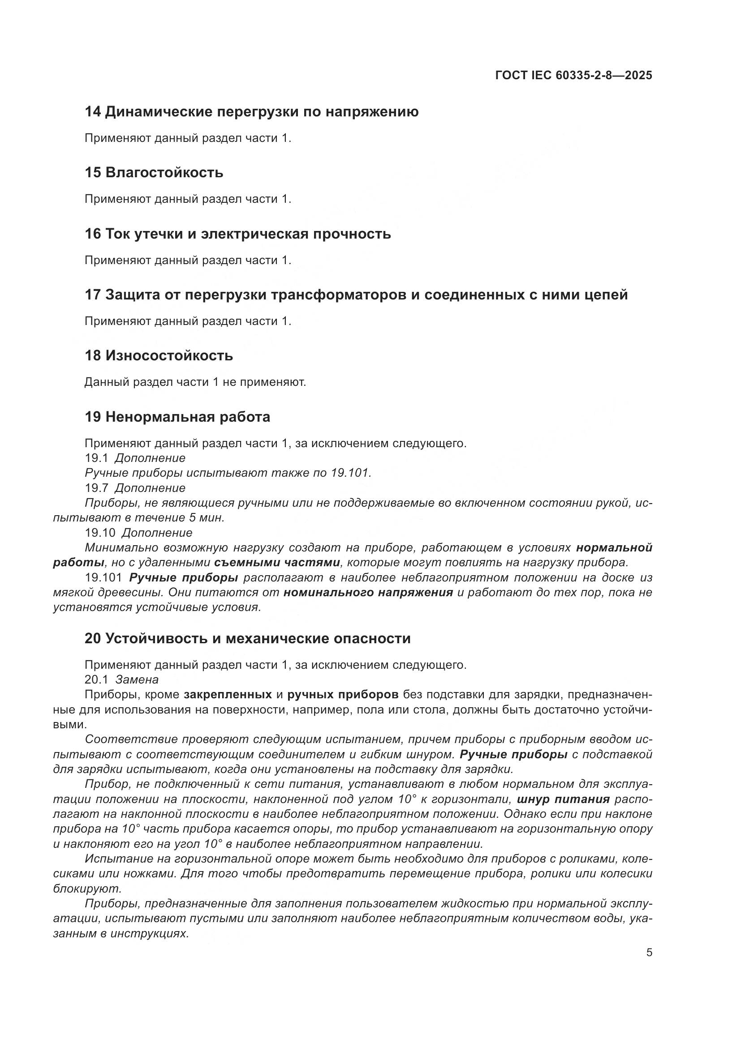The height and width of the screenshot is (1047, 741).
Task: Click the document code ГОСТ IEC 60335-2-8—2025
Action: (573, 75)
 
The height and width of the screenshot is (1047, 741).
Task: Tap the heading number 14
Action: (93, 112)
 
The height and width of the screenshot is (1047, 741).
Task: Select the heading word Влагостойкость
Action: (164, 173)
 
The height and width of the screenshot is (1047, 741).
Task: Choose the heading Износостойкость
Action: (169, 356)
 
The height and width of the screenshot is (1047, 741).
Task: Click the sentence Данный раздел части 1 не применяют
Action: (195, 382)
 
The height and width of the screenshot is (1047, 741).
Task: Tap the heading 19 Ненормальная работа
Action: (177, 417)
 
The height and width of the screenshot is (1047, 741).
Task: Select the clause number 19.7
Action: (96, 488)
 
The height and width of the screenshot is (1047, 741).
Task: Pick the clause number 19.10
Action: (100, 533)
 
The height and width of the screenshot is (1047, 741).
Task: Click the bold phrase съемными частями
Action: (277, 562)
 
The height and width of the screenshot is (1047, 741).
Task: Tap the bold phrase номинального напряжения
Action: (368, 592)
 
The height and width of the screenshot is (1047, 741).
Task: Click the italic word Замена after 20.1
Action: (137, 679)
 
